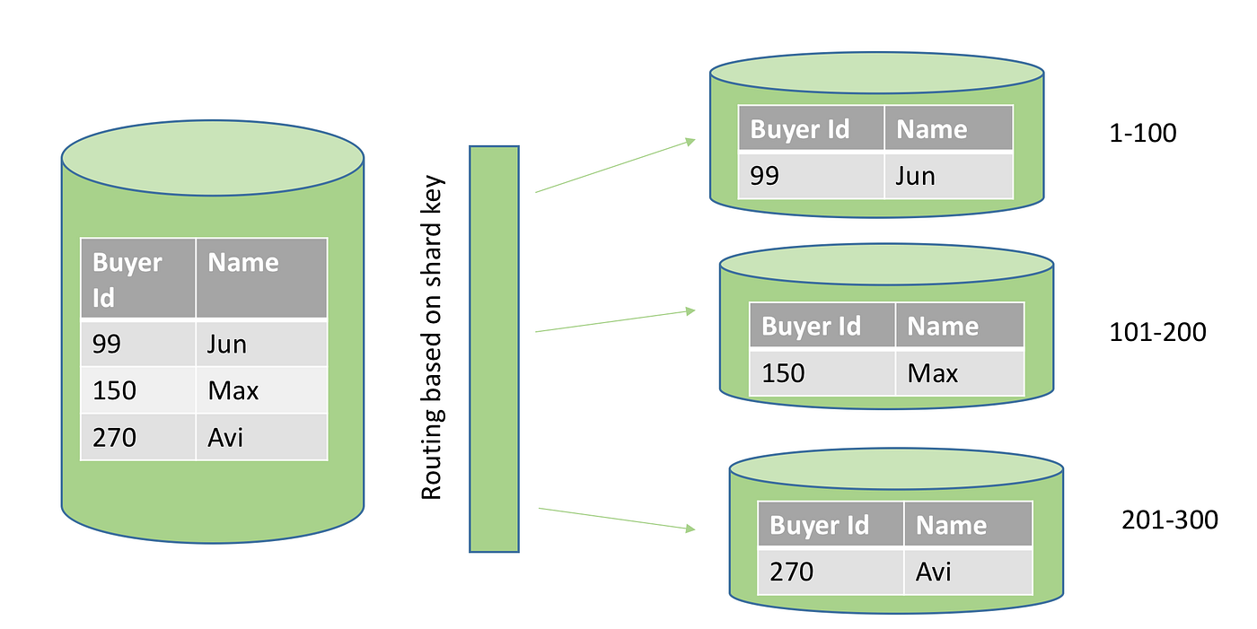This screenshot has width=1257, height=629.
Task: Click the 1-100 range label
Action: pos(1142,134)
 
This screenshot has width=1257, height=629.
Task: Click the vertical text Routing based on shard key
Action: pos(433,337)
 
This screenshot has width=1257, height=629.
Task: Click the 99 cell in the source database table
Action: pos(108,344)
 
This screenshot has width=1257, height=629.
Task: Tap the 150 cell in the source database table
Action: pos(114,390)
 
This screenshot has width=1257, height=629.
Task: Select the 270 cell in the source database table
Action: pos(114,437)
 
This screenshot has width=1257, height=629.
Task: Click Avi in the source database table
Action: pos(225,437)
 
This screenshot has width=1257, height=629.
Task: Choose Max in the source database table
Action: pos(233,390)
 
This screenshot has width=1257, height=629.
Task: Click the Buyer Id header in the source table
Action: pos(127,279)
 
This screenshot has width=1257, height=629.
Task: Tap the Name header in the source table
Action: pos(243,263)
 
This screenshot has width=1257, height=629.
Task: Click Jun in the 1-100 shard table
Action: pos(915,176)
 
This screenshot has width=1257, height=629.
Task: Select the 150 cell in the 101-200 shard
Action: pos(783,372)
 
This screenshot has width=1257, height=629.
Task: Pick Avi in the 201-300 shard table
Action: pos(933,572)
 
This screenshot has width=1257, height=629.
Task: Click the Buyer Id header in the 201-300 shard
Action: pos(819,525)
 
